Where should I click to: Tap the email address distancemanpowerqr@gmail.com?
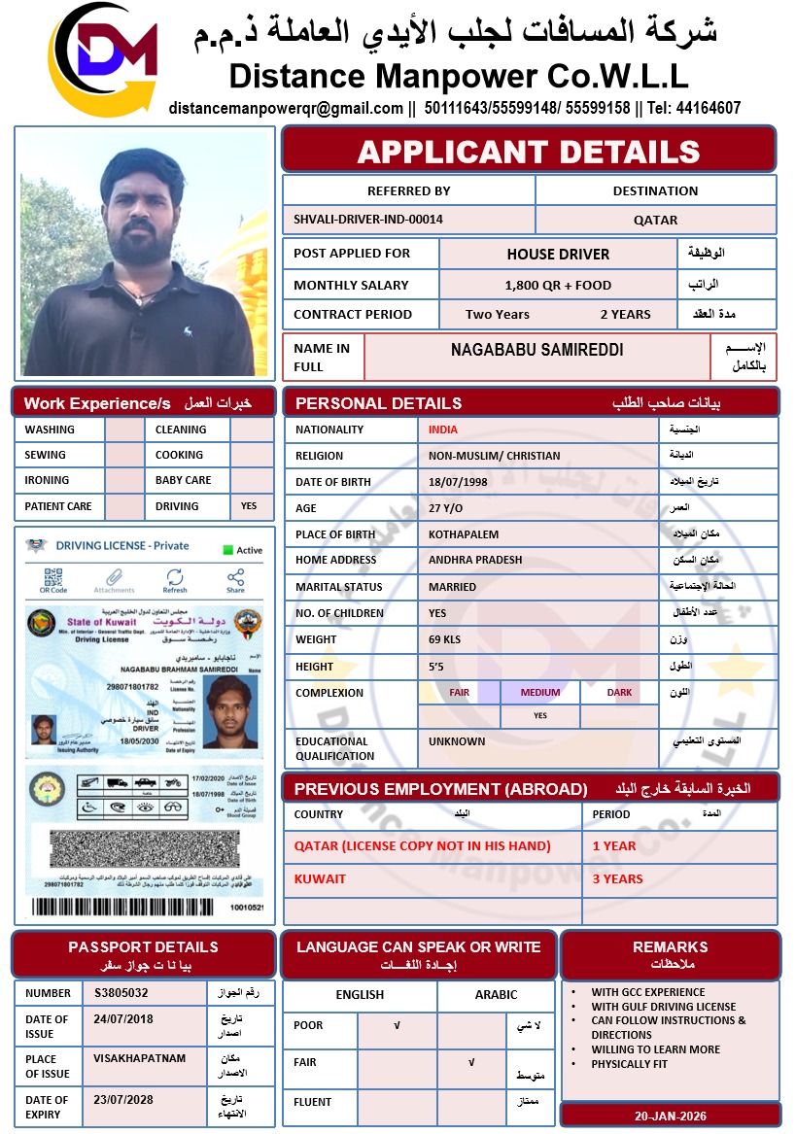coord(286,108)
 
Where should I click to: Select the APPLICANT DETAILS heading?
coord(529,152)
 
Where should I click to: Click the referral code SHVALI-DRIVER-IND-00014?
coord(368,220)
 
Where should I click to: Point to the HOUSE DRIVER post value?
coord(558,255)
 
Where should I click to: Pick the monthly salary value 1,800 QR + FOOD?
coord(558,286)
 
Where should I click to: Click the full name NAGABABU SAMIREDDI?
coord(537,350)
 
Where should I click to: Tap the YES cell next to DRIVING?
coord(250,506)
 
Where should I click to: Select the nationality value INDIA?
coord(443,430)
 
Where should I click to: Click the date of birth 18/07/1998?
coord(457,482)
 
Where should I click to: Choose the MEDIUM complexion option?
coord(540,693)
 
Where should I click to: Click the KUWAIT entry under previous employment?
coord(321,878)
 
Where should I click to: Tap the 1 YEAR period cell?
coord(615,845)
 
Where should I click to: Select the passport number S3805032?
coord(121,993)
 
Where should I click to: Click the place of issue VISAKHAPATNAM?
coord(140,1058)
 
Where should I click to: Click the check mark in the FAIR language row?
coord(471,1063)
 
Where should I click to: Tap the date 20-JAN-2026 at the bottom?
coord(671,1116)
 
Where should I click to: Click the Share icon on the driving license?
coord(235,581)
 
